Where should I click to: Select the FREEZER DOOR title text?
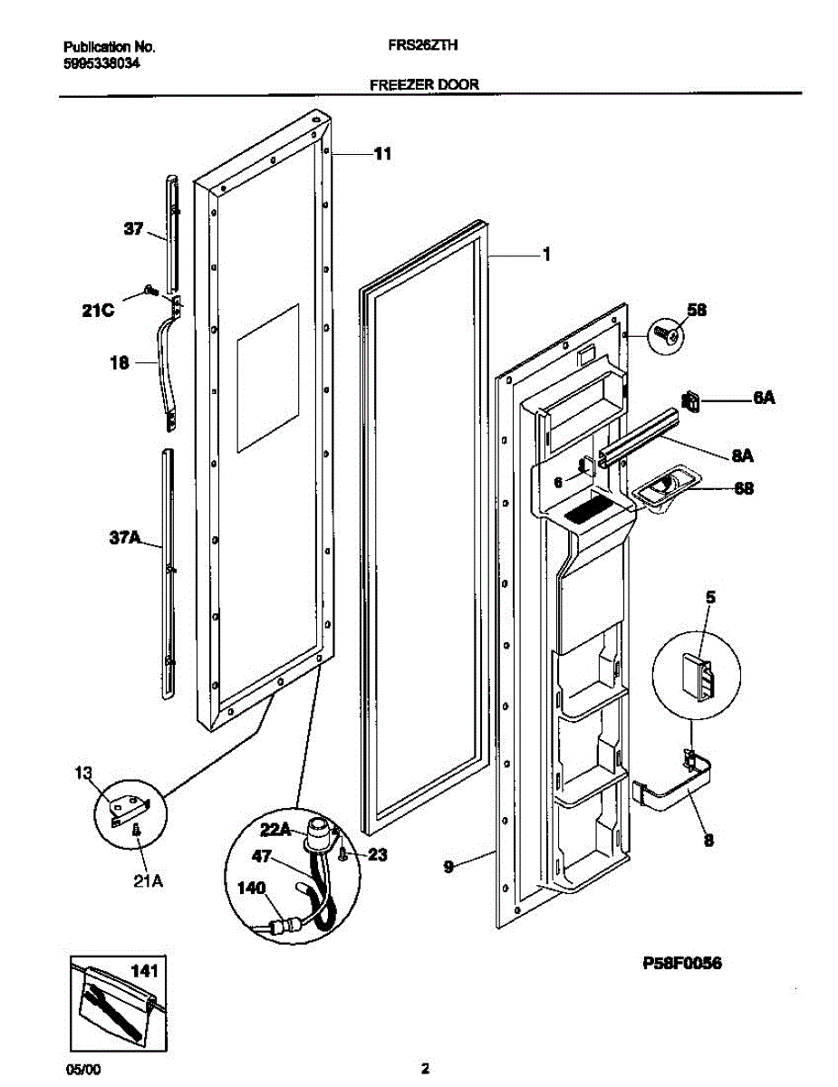point(424,84)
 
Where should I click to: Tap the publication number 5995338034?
point(102,63)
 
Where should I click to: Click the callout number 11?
point(382,155)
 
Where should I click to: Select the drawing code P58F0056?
point(682,965)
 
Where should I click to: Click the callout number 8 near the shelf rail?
point(708,840)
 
